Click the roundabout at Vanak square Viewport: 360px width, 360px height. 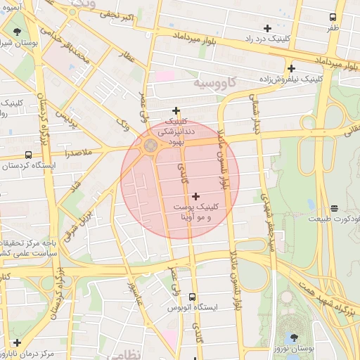150,146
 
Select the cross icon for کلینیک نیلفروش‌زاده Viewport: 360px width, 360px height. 290,68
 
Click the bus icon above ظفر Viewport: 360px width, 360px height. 333,16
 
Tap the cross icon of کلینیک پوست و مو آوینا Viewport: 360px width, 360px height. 195,195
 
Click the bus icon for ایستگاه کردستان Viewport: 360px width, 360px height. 28,155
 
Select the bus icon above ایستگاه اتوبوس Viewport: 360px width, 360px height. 193,297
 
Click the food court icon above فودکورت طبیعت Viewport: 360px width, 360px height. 334,207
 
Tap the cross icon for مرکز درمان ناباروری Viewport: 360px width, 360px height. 16,342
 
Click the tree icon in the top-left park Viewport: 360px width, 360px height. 16,32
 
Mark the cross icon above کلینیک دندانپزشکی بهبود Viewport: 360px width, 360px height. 176,110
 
